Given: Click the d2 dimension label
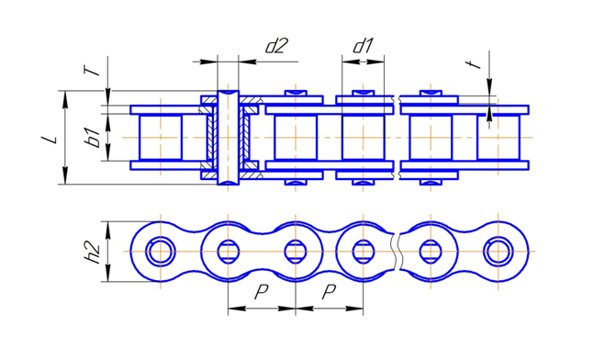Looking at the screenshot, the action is (x=276, y=46).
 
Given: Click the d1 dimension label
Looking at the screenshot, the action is (x=363, y=46).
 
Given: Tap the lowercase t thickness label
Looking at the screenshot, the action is (x=476, y=64).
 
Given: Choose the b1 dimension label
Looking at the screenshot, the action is (x=94, y=137).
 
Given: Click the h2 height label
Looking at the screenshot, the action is (x=93, y=252).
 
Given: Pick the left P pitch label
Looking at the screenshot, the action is (x=261, y=292).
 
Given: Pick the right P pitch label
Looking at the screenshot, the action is (x=329, y=292).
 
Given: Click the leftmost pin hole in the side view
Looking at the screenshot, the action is (x=161, y=251).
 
